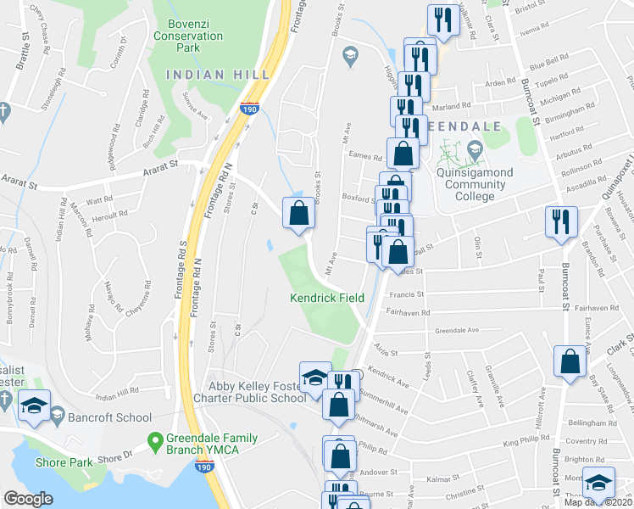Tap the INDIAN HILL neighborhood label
click(x=217, y=75)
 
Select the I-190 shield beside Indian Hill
click(x=248, y=109)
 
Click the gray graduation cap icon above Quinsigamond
click(x=473, y=149)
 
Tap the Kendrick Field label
click(x=327, y=298)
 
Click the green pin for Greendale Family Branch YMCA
click(x=155, y=440)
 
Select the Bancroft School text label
click(x=111, y=417)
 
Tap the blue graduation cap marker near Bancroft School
click(x=35, y=405)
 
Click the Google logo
click(x=28, y=499)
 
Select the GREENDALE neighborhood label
click(x=458, y=125)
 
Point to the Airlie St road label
click(x=385, y=349)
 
